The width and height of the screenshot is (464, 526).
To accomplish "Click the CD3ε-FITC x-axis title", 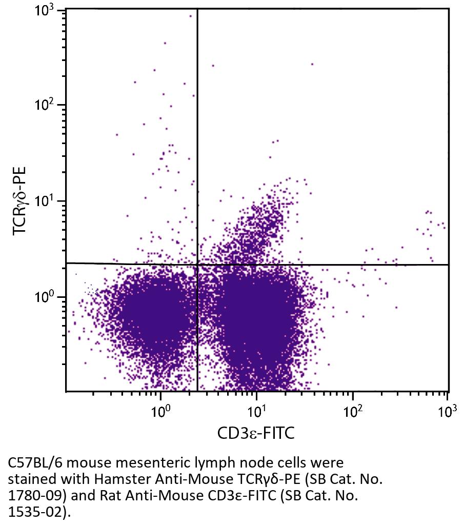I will tap(256, 433).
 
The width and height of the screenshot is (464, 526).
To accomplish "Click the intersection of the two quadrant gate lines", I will tap(197, 264).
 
